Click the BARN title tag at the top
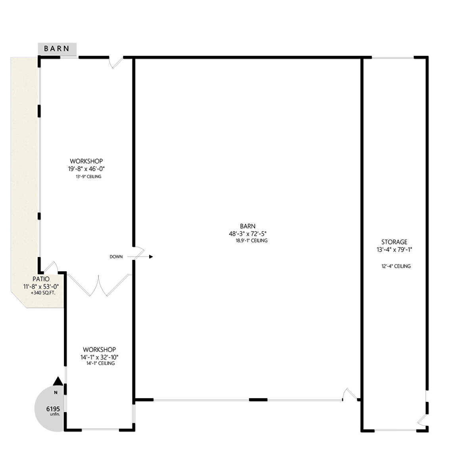[57, 49]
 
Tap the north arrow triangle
[58, 381]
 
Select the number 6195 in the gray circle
[53, 409]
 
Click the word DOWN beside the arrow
[116, 257]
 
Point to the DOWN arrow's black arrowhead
[151, 257]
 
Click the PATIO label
[41, 279]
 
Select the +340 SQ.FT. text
[43, 293]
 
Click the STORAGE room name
[394, 242]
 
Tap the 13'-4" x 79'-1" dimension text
[394, 250]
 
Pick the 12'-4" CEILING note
[396, 266]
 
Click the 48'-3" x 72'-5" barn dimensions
[248, 233]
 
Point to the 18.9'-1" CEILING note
[252, 241]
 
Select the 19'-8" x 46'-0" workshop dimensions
[86, 169]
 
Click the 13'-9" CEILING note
[88, 177]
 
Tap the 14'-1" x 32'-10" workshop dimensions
[99, 357]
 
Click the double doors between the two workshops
[99, 285]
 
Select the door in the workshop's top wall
[116, 62]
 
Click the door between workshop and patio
[51, 267]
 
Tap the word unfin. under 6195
[55, 414]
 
